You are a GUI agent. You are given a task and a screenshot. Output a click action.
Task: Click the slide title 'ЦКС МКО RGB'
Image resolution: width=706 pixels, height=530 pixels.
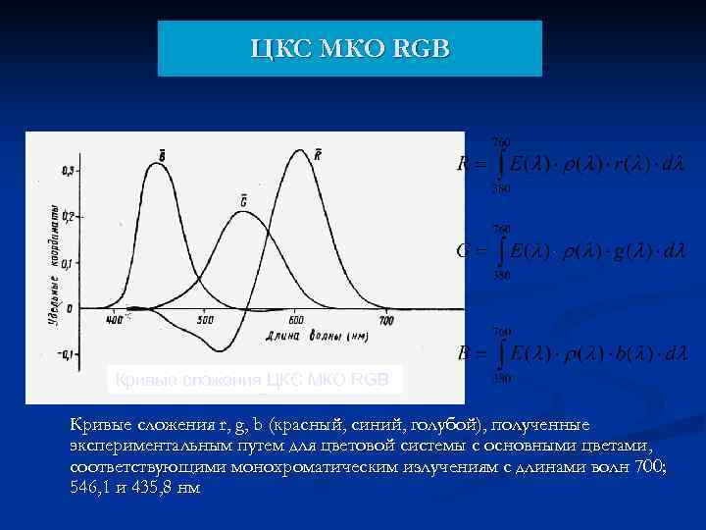point(349,49)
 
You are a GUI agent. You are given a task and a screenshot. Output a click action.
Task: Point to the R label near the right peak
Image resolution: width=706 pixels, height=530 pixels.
point(318,153)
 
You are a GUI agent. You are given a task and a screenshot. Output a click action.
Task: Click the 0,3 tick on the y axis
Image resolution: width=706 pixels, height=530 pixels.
point(68,172)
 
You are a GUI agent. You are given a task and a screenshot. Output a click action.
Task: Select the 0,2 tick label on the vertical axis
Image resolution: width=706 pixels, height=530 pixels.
point(68,216)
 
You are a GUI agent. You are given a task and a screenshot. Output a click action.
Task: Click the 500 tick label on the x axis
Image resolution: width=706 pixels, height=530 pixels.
point(205,321)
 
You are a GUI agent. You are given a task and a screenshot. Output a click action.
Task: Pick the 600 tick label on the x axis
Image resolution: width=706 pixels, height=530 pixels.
point(296,321)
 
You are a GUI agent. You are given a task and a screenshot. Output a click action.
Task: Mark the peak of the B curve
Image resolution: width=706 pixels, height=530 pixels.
point(157,164)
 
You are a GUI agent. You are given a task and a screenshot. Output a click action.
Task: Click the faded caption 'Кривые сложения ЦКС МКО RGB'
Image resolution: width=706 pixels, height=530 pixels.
point(253,379)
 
